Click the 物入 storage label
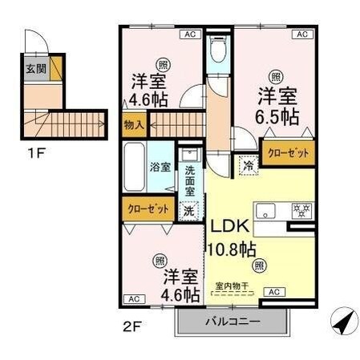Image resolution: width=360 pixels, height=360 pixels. click(134, 124)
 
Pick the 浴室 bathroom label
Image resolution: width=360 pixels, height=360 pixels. click(160, 168)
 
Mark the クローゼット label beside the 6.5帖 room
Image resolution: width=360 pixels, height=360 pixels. click(286, 152)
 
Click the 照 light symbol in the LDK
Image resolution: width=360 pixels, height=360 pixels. click(258, 265)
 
